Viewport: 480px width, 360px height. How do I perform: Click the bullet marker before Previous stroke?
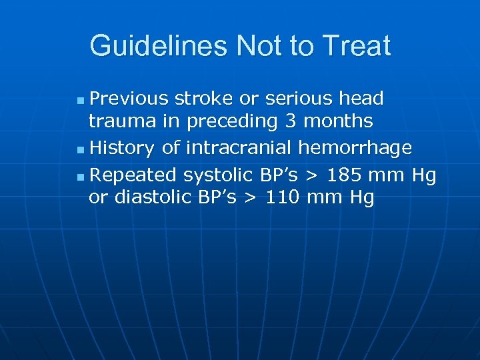(80, 100)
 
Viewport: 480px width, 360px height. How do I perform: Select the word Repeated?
(133, 176)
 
